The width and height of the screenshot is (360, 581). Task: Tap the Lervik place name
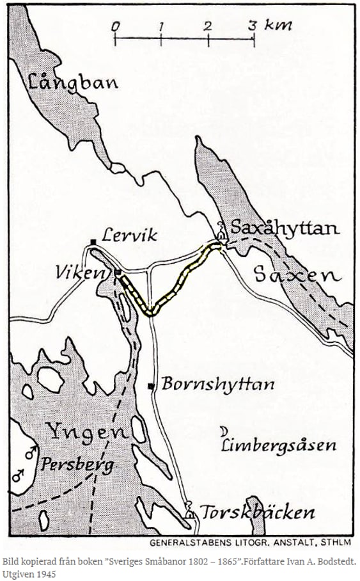pos(132,235)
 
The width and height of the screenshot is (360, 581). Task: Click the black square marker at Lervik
pos(93,241)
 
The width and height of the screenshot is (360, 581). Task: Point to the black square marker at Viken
pos(118,273)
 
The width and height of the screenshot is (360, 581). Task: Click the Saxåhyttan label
pos(285,228)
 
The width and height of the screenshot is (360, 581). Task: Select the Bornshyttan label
pos(217,385)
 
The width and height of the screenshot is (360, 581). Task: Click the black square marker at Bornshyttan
pos(151,386)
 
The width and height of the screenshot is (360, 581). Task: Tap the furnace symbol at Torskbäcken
pos(190,512)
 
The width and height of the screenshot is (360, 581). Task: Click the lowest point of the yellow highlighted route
pos(150,312)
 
